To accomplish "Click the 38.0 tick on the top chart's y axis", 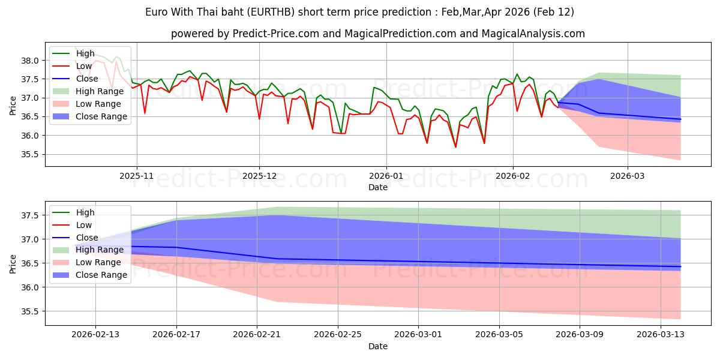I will point(31,61).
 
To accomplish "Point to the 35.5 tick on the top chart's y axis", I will point(31,154).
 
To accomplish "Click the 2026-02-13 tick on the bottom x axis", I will point(96,335).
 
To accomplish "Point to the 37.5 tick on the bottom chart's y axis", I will point(31,215).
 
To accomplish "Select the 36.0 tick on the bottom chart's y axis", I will point(31,287).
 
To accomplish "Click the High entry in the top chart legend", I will point(85,53).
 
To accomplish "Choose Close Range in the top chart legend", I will point(101,116).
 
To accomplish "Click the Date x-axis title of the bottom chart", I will point(378,346).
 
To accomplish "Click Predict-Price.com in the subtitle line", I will point(256,34).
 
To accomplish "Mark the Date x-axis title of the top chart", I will point(378,188).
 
